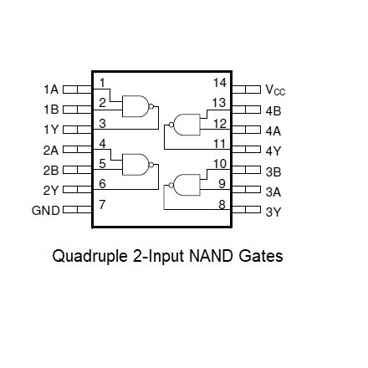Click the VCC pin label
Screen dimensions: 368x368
pyautogui.click(x=275, y=90)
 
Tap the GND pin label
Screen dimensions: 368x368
pyautogui.click(x=46, y=211)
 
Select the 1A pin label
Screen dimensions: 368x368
pyautogui.click(x=51, y=89)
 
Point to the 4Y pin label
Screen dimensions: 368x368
pyautogui.click(x=273, y=151)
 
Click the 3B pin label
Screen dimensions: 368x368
pyautogui.click(x=273, y=171)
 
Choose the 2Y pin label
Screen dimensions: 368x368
pyautogui.click(x=51, y=191)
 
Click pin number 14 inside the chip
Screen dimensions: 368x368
pyautogui.click(x=220, y=83)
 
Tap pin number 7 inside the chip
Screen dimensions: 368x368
pyautogui.click(x=102, y=204)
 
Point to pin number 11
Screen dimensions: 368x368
pyautogui.click(x=219, y=144)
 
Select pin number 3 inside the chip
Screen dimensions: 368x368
pyautogui.click(x=102, y=123)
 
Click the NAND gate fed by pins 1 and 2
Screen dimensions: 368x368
pyautogui.click(x=135, y=106)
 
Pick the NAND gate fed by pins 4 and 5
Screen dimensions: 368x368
pyautogui.click(x=135, y=165)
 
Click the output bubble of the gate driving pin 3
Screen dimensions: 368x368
pyautogui.click(x=151, y=106)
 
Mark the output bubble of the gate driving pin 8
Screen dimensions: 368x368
pyautogui.click(x=171, y=185)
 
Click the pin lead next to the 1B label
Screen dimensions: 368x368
pyautogui.click(x=77, y=110)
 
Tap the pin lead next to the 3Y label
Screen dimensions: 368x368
pyautogui.click(x=247, y=210)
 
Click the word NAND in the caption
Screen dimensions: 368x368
pyautogui.click(x=211, y=256)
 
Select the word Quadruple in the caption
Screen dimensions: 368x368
pyautogui.click(x=89, y=257)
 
